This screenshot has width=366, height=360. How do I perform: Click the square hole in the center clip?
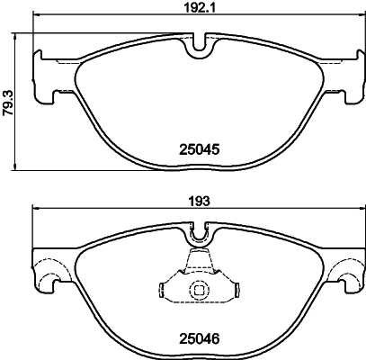click(x=198, y=290)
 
